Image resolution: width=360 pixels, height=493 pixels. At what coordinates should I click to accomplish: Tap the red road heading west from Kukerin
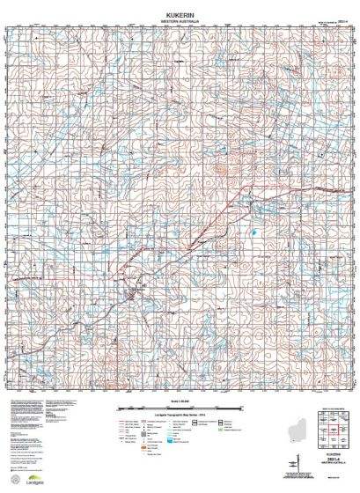70,286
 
